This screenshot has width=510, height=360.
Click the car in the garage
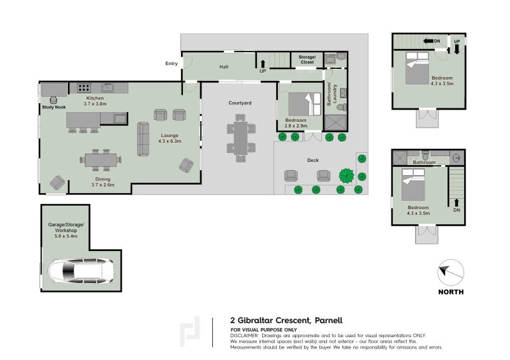[x=82, y=271]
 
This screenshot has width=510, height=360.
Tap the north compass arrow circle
[x=451, y=273]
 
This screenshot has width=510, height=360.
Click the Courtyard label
[x=240, y=103]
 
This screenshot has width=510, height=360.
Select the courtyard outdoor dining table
[x=242, y=138]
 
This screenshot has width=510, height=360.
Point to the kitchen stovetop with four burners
[x=84, y=87]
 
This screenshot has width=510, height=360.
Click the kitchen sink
[x=107, y=87]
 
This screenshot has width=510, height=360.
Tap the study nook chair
[x=54, y=100]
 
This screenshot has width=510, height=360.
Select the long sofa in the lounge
[x=143, y=139]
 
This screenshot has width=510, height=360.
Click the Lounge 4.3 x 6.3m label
[x=170, y=138]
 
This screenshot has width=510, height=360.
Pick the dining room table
[x=101, y=160]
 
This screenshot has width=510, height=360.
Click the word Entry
[x=171, y=64]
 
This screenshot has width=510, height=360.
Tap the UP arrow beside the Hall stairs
[x=263, y=64]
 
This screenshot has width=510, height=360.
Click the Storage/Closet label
[x=307, y=59]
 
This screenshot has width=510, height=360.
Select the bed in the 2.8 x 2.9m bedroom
[x=305, y=104]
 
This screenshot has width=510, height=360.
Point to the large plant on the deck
[x=347, y=176]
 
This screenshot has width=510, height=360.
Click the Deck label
[x=313, y=160]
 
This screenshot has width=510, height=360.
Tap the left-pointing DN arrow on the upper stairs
[x=428, y=41]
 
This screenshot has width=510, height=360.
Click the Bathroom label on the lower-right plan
[x=424, y=162]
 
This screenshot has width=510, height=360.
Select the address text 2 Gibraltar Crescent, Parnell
[x=286, y=320]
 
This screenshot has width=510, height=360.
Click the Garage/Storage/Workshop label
[x=66, y=230]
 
